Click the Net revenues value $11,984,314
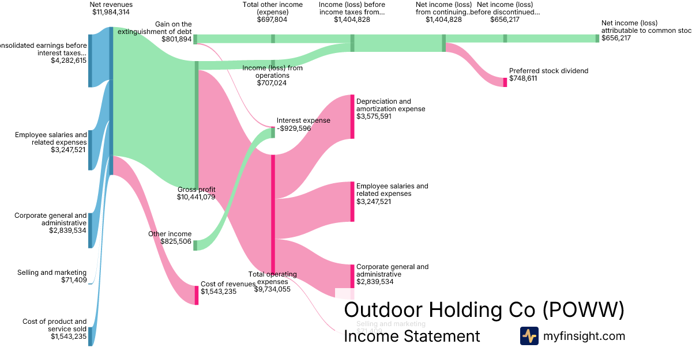pos(111,12)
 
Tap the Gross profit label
pos(196,190)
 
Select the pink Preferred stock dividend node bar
pos(505,82)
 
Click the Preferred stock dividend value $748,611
pos(523,78)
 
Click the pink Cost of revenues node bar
pos(196,295)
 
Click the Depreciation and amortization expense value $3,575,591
pos(374,116)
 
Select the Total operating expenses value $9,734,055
pos(272,289)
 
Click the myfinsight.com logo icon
pos(529,336)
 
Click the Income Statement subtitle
pos(412,336)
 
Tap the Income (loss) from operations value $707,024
pos(272,83)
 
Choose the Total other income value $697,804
pos(272,19)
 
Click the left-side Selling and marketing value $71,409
pos(74,280)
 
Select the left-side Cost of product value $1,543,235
pos(68,336)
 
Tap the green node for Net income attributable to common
pos(597,38)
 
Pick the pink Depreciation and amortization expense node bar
pos(352,116)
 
